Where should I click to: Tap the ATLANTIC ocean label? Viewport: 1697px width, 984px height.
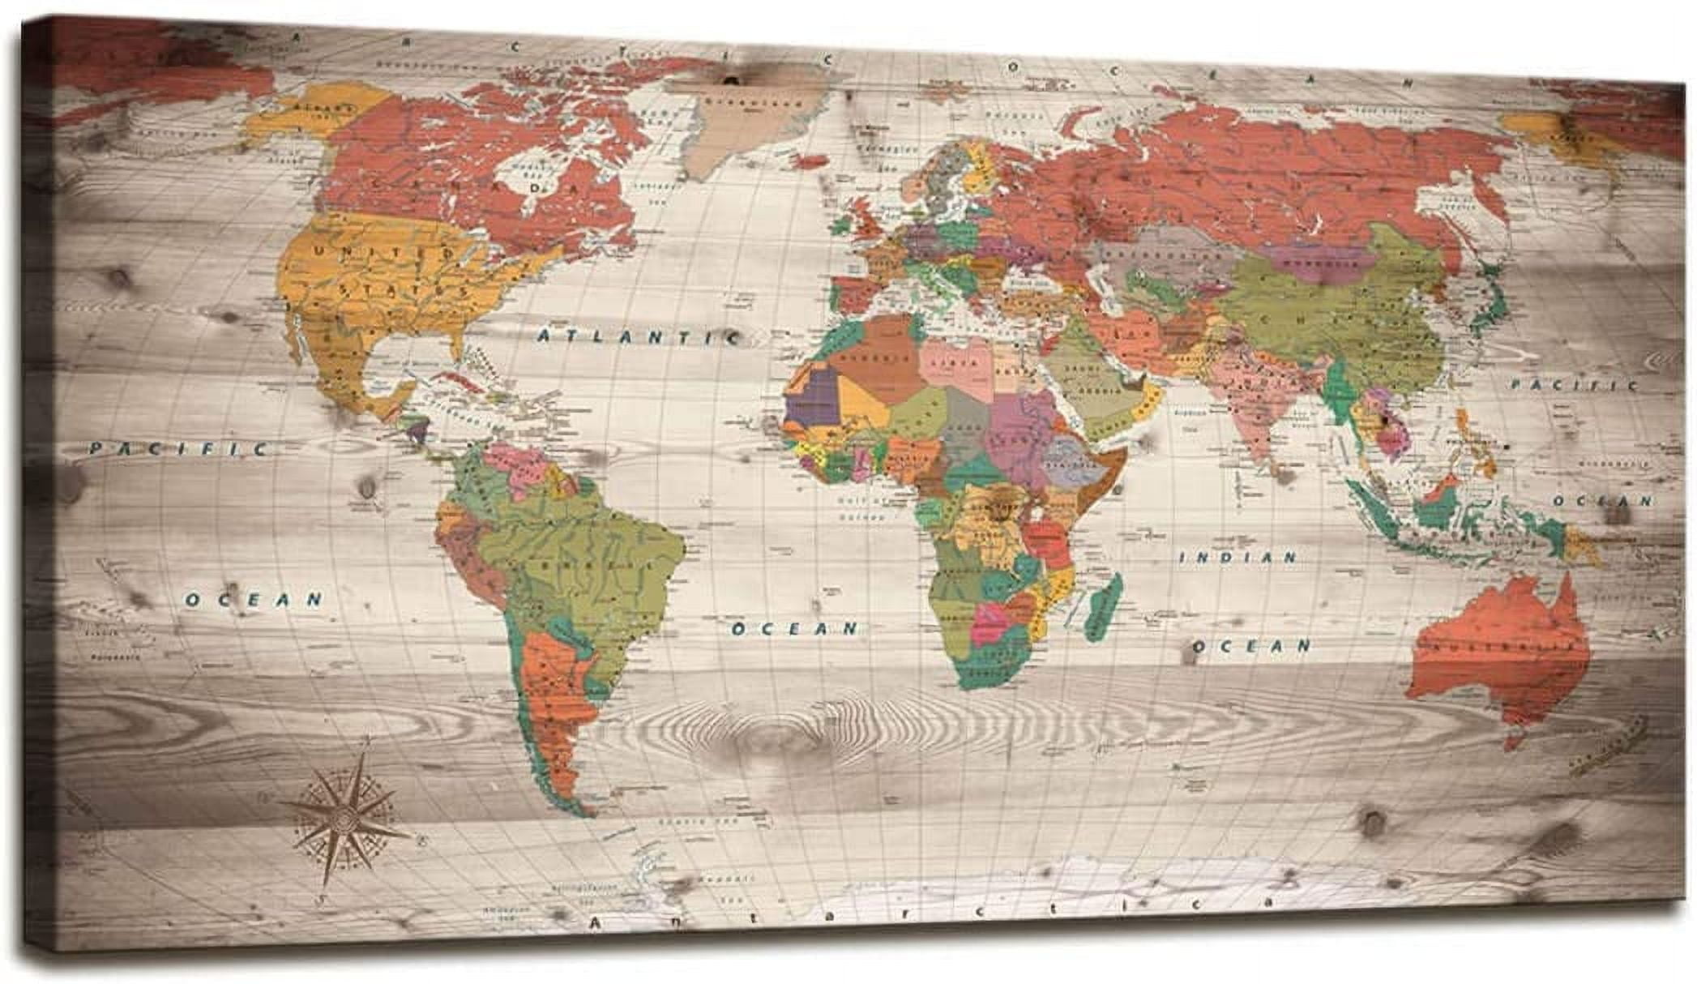(x=637, y=336)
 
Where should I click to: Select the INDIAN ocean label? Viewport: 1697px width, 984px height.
(x=1237, y=558)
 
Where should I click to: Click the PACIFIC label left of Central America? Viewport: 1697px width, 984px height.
(x=178, y=448)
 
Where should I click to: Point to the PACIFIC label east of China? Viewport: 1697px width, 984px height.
(x=1573, y=386)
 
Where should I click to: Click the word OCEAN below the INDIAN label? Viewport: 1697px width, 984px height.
(x=1250, y=646)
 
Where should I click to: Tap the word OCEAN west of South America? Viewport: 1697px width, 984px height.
(x=254, y=600)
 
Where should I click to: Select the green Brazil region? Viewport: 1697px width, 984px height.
(x=592, y=559)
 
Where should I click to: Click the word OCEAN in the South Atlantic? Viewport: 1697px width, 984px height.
(x=794, y=628)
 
